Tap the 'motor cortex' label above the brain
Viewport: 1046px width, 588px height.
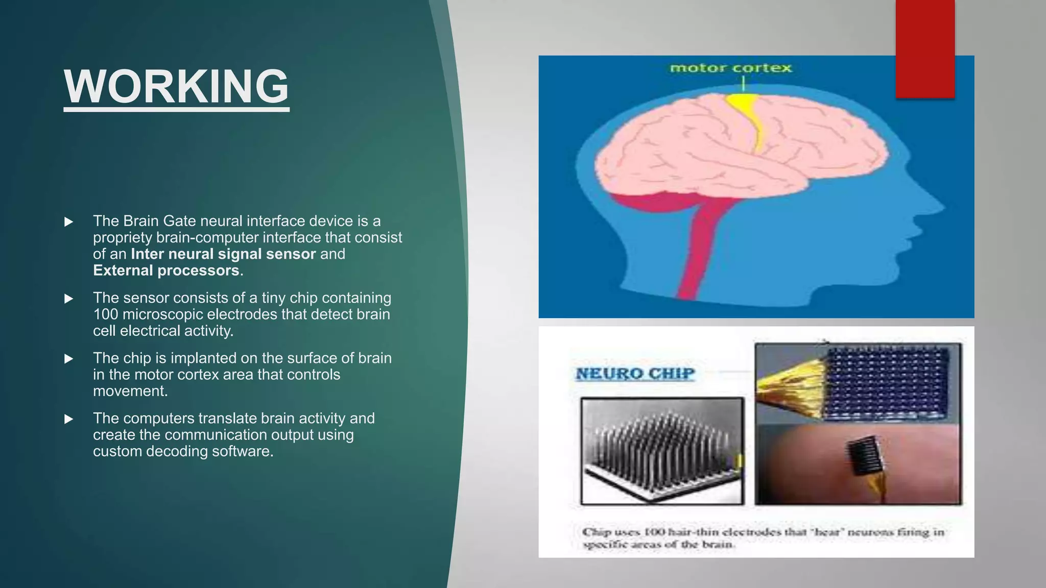coord(730,68)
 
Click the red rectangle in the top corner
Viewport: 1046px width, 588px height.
coord(924,48)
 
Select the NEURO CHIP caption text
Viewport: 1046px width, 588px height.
coord(635,374)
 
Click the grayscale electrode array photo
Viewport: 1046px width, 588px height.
coord(662,451)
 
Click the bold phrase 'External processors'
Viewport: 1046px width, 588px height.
coord(166,271)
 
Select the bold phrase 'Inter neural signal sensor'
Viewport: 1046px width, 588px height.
coord(223,254)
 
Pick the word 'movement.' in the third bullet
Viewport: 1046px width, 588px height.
coord(130,391)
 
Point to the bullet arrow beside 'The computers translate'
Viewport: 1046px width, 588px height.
coord(68,419)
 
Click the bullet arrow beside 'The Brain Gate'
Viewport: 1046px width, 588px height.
coord(68,222)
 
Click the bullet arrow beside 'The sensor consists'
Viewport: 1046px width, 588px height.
coord(68,299)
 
